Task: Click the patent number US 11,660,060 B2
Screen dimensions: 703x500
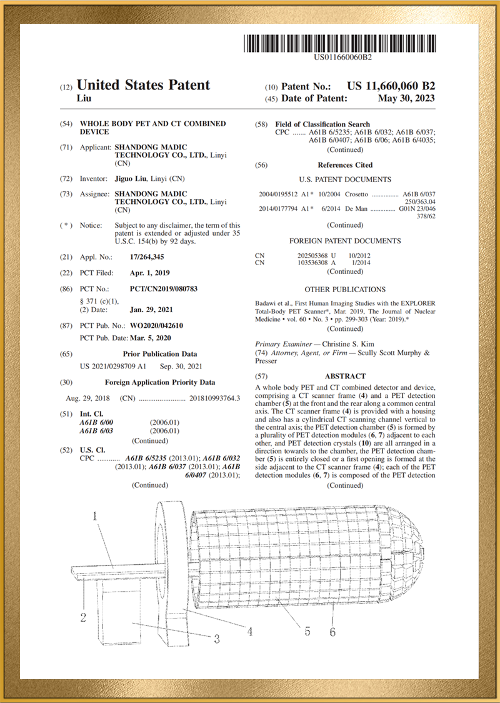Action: click(x=391, y=86)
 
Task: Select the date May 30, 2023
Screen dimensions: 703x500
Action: click(x=406, y=99)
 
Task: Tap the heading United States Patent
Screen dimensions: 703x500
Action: click(x=143, y=85)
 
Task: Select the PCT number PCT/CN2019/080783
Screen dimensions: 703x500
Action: click(x=163, y=289)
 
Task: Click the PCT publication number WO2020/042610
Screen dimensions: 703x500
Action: click(x=156, y=325)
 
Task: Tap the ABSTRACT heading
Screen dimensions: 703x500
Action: click(x=345, y=376)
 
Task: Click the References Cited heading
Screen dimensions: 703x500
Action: click(x=345, y=165)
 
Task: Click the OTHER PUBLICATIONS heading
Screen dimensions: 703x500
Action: click(x=345, y=290)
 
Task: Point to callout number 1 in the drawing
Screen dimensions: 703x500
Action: click(x=95, y=517)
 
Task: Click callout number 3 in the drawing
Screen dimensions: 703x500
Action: click(x=216, y=639)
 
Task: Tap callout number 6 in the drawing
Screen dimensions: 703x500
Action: click(x=332, y=632)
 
